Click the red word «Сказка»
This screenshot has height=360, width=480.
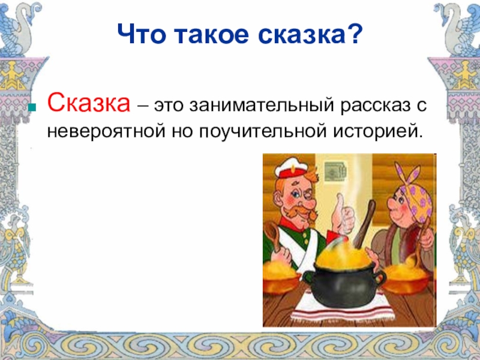click(x=89, y=103)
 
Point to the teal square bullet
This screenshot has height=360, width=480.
click(x=32, y=107)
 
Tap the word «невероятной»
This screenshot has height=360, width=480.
click(x=106, y=131)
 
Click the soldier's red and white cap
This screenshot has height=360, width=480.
click(x=290, y=170)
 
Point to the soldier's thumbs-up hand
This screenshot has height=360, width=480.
click(x=342, y=214)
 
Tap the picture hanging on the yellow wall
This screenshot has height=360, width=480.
click(x=335, y=171)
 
